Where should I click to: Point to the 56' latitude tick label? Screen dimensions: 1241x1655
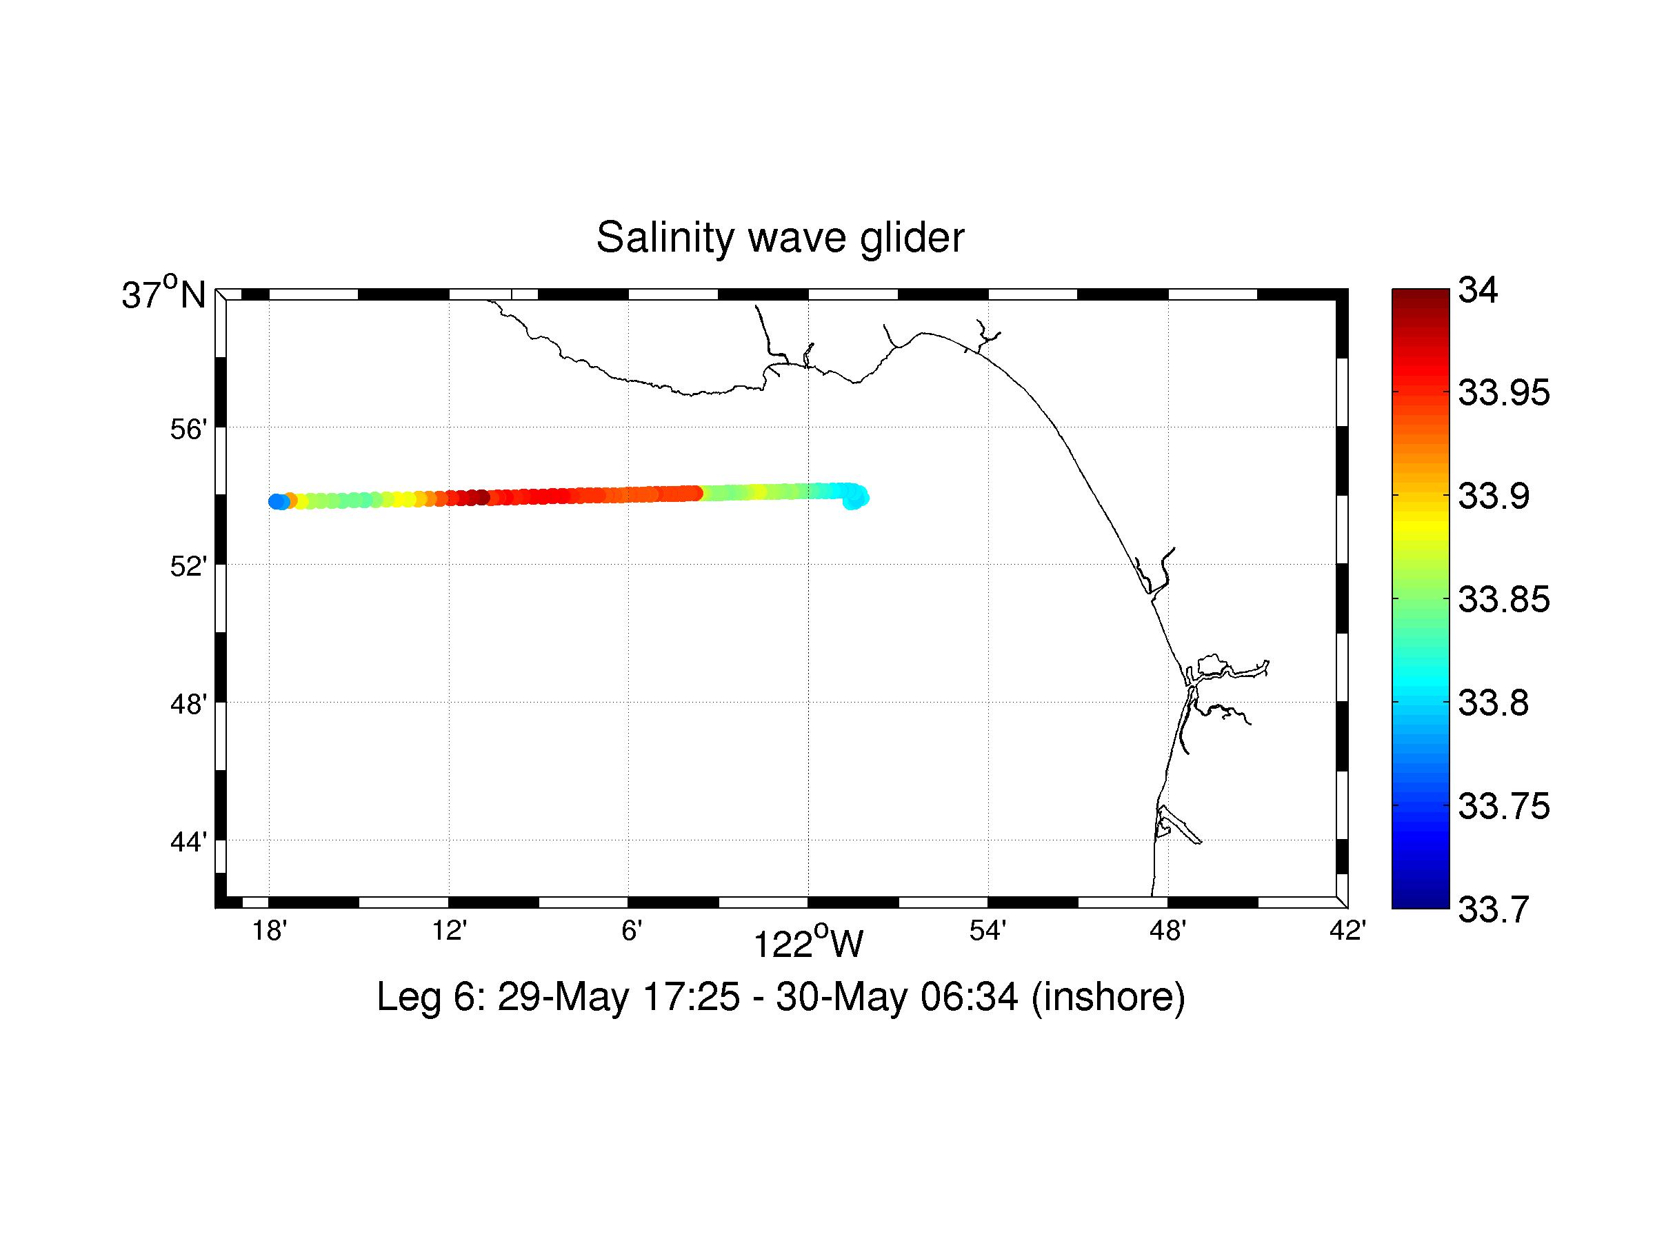(188, 430)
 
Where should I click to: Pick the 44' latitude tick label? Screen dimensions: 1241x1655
(188, 843)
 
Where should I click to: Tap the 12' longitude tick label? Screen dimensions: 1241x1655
(449, 931)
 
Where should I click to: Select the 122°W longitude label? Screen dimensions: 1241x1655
(808, 944)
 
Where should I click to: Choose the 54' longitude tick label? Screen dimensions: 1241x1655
(987, 931)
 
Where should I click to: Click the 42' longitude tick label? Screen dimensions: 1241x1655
(1347, 931)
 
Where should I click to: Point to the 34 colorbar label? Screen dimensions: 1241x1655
(1478, 290)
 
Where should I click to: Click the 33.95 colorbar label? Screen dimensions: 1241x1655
(1504, 394)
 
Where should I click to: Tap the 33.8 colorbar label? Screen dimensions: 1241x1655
(1494, 704)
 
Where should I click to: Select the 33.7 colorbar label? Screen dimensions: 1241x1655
(1494, 910)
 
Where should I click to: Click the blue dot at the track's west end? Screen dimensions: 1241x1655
(276, 501)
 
